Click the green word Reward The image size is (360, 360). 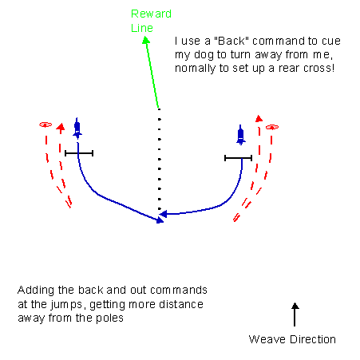click(151, 14)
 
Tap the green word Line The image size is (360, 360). click(142, 28)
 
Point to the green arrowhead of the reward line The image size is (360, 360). click(146, 40)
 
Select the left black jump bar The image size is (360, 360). click(79, 153)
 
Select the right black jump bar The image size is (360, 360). click(238, 158)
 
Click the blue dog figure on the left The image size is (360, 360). click(77, 129)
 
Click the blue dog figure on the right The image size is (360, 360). click(240, 135)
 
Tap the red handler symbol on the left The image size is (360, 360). click(45, 125)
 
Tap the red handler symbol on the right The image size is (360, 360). click(272, 127)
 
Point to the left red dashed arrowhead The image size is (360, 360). click(61, 126)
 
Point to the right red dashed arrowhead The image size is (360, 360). click(259, 118)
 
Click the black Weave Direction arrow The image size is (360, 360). click(295, 315)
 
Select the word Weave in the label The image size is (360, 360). click(267, 339)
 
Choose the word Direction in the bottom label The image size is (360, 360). click(313, 339)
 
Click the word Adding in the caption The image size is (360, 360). click(36, 291)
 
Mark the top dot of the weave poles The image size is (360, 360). click(159, 109)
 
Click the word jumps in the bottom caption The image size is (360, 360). click(66, 305)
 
